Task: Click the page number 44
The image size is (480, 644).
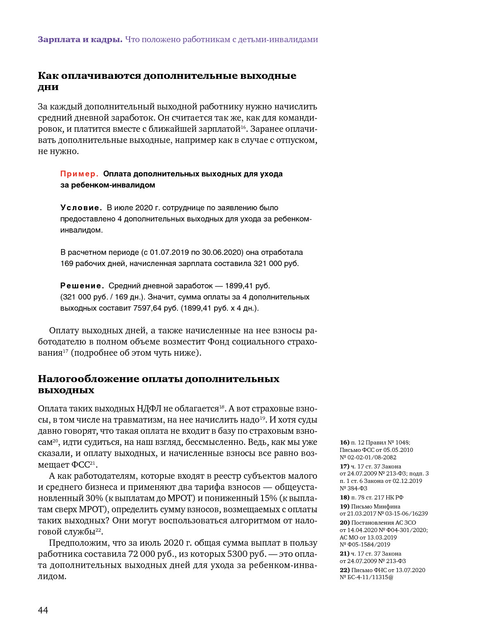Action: (x=43, y=610)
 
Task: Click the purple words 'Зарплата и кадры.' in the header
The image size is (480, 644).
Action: (x=80, y=40)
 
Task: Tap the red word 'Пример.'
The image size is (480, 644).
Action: (x=79, y=174)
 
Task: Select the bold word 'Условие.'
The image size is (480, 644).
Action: (x=81, y=208)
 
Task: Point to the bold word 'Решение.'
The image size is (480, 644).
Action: (x=82, y=286)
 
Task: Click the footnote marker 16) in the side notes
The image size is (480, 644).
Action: (x=344, y=442)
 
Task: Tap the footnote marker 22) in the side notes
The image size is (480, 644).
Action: (x=344, y=570)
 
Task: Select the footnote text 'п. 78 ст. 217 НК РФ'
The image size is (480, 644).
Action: (x=377, y=497)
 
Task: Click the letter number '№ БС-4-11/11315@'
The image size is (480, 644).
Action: (x=367, y=577)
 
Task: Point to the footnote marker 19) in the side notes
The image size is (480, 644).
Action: (x=344, y=506)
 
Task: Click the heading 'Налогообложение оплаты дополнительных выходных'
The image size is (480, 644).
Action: (x=158, y=384)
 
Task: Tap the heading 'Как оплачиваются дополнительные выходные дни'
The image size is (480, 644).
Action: (x=167, y=81)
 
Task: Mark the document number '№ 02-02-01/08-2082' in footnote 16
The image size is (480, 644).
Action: (x=368, y=457)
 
